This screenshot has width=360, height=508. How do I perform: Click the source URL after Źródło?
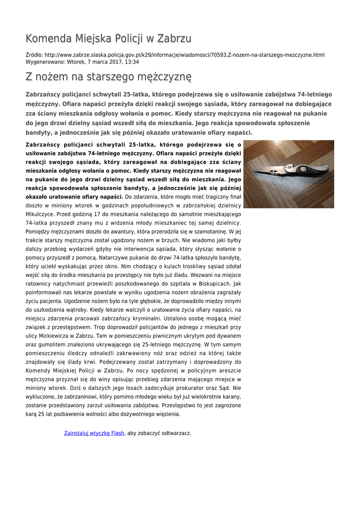(184, 55)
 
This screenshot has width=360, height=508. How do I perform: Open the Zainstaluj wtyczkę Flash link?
(94, 433)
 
